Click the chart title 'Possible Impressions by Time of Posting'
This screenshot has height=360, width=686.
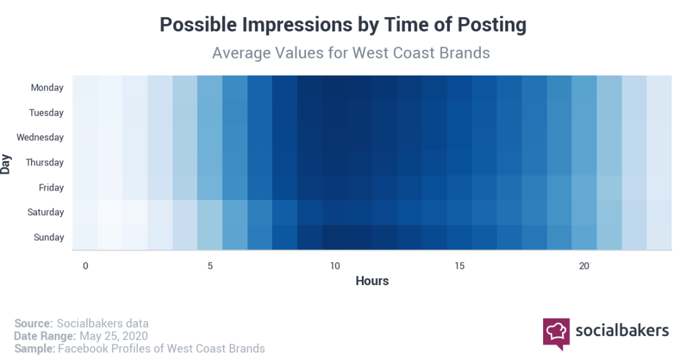[342, 25]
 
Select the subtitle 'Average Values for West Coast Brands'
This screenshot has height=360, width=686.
[351, 53]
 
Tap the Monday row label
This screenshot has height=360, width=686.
[47, 88]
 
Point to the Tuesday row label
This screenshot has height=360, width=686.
[47, 113]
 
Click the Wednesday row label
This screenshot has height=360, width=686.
[40, 137]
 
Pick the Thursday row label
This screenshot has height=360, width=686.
[45, 163]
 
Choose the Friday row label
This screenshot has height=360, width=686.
[51, 188]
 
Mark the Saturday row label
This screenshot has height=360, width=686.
[45, 212]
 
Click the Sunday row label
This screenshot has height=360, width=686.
[49, 237]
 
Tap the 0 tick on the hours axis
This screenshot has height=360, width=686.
[86, 266]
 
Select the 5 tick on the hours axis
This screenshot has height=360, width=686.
[210, 266]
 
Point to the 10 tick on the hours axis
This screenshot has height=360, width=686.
[335, 266]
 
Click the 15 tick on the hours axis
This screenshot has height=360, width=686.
[459, 266]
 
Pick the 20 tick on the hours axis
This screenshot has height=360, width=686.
[584, 266]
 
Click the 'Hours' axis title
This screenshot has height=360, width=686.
[372, 281]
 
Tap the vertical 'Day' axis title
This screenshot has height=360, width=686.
[5, 164]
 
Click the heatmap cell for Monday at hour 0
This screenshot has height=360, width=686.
[85, 88]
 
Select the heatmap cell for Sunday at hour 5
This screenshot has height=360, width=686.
[210, 237]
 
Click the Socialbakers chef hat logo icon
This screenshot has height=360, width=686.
[556, 334]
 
